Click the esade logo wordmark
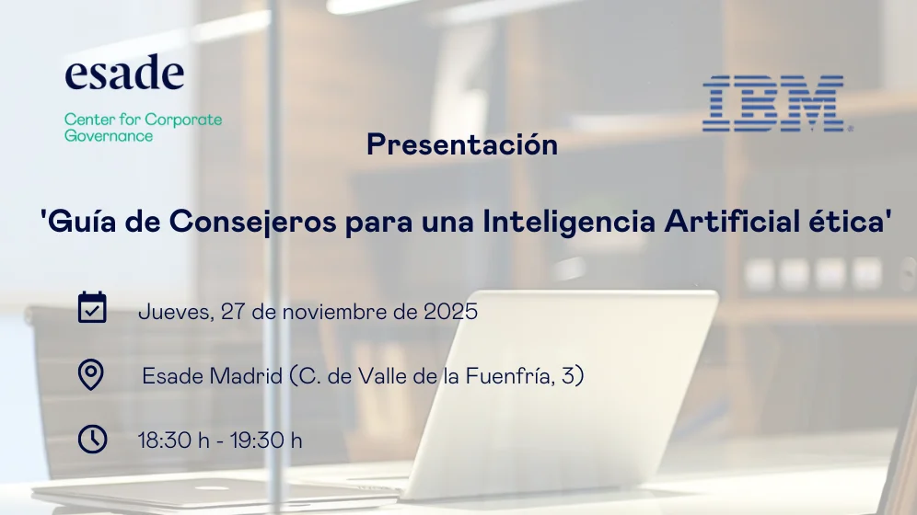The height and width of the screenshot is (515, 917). point(124,74)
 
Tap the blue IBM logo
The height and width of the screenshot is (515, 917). point(773,103)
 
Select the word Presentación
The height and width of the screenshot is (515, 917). point(462,145)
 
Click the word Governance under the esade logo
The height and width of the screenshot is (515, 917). point(109,136)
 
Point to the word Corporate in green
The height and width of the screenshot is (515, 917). point(183,120)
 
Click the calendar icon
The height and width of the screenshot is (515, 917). point(92,308)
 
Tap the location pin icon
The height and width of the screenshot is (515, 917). point(91,374)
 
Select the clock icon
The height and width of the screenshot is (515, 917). point(92,439)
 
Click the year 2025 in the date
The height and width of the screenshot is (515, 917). point(450,312)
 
